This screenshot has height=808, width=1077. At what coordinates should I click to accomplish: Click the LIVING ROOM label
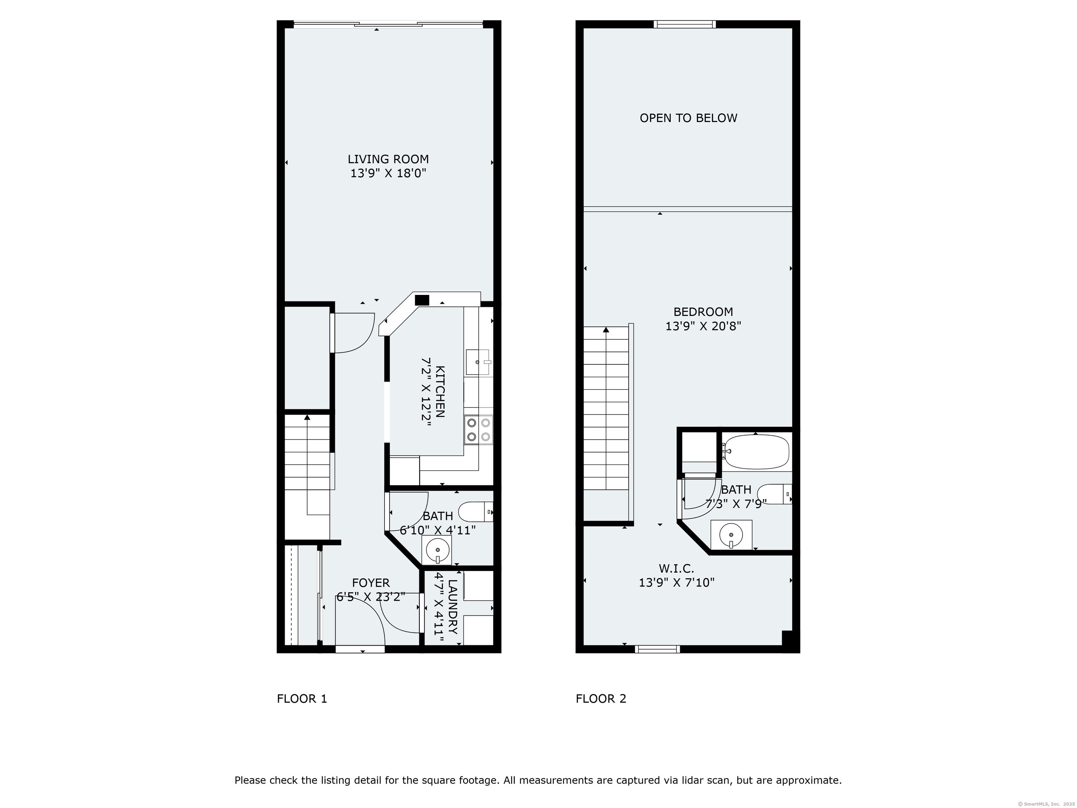[x=388, y=159]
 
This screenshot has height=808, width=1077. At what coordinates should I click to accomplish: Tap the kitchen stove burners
[x=478, y=430]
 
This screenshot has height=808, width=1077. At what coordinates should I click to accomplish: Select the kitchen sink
[x=477, y=362]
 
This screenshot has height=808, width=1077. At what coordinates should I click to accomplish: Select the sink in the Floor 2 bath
[x=731, y=535]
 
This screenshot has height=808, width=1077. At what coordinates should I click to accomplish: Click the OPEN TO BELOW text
[x=689, y=118]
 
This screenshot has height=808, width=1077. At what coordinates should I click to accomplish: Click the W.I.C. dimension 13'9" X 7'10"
[x=677, y=583]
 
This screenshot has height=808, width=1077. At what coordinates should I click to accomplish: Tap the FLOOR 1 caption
[x=302, y=699]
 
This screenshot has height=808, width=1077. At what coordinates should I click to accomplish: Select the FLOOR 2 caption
[x=601, y=699]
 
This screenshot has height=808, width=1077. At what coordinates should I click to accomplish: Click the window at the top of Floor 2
[x=685, y=24]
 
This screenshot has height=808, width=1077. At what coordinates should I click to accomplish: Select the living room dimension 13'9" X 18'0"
[x=388, y=173]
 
